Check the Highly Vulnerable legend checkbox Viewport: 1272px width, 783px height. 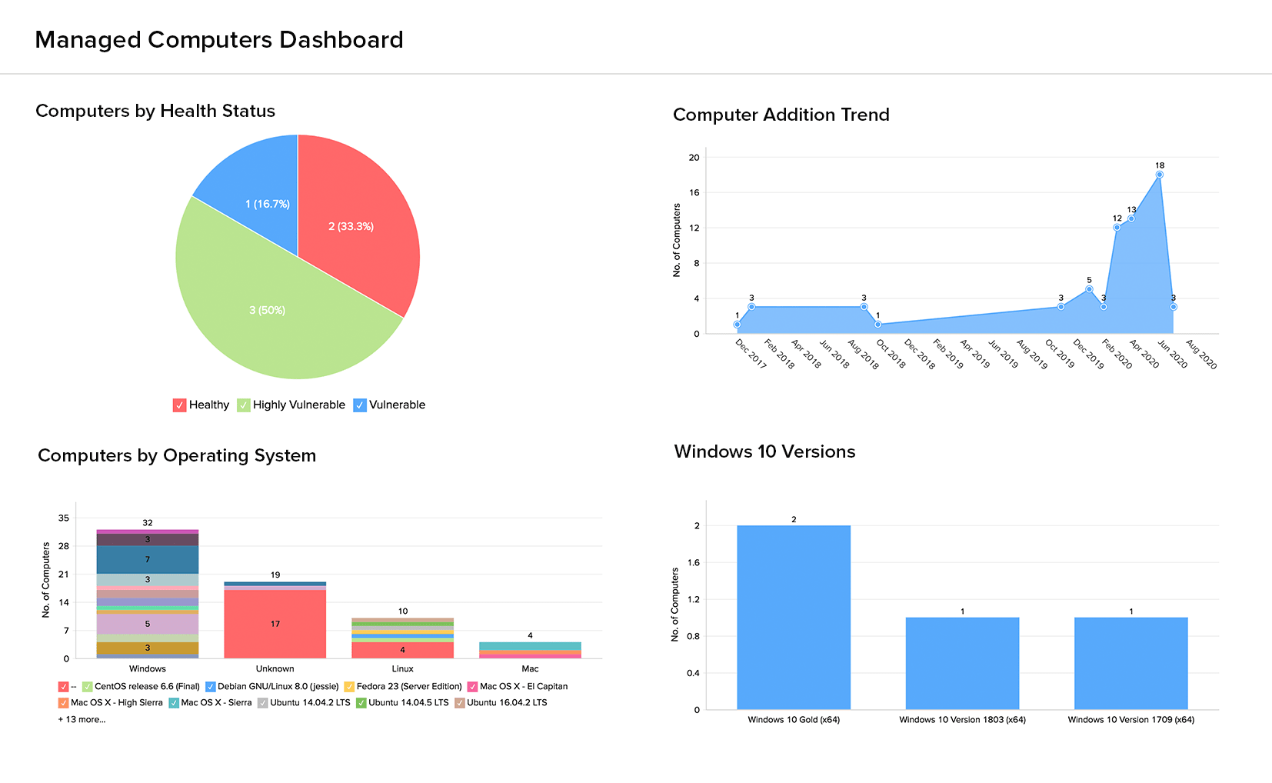pyautogui.click(x=244, y=405)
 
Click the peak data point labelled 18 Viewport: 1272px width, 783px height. pyautogui.click(x=1159, y=175)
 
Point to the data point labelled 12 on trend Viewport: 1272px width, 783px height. pyautogui.click(x=1117, y=228)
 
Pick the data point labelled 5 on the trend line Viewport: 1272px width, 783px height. pyautogui.click(x=1089, y=289)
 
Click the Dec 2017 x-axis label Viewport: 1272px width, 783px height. pyautogui.click(x=751, y=354)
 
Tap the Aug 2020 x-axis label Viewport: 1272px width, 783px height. pyautogui.click(x=1201, y=354)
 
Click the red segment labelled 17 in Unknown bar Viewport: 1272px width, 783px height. pyautogui.click(x=275, y=624)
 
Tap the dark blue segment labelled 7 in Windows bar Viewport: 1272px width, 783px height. pyautogui.click(x=148, y=559)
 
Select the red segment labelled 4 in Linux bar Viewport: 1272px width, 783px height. pyautogui.click(x=402, y=650)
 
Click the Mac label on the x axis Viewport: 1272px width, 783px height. pyautogui.click(x=530, y=669)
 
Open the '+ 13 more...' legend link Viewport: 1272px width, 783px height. pyautogui.click(x=82, y=720)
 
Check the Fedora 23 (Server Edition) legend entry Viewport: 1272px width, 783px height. pyautogui.click(x=349, y=687)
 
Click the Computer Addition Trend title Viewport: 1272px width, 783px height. pyautogui.click(x=781, y=115)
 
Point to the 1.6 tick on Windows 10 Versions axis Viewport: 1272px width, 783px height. pyautogui.click(x=694, y=562)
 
